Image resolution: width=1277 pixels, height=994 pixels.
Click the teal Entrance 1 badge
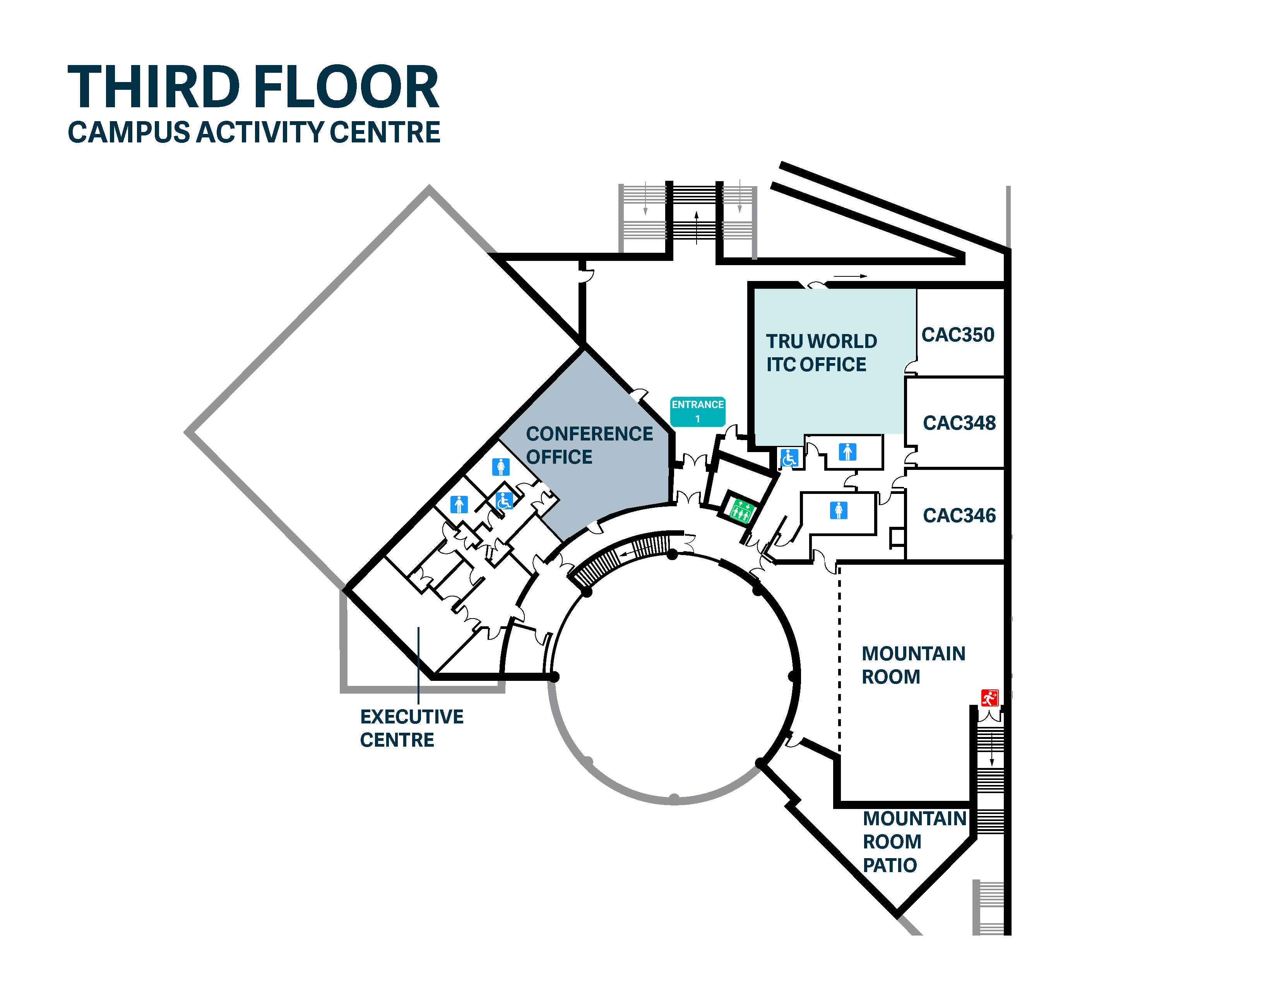698,411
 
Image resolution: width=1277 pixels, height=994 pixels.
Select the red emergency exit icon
989,698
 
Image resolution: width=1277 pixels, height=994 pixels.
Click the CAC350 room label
958,334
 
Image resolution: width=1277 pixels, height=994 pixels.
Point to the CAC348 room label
959,423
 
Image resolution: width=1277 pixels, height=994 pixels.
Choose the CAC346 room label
959,515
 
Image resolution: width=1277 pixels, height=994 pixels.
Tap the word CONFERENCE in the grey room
589,434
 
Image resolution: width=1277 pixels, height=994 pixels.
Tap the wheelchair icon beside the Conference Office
504,501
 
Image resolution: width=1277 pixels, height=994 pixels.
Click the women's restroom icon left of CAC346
839,511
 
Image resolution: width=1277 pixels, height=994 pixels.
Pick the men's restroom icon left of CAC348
847,451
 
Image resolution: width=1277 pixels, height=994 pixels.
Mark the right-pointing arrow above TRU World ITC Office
850,276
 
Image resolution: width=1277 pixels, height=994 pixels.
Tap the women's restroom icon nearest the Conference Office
500,466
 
